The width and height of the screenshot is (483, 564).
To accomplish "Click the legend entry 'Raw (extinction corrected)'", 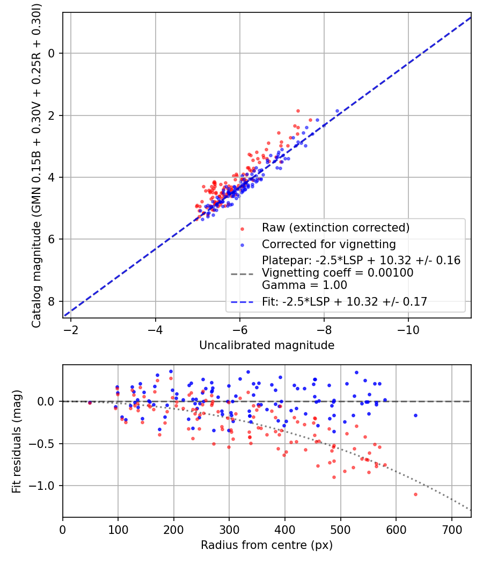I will click(x=335, y=228).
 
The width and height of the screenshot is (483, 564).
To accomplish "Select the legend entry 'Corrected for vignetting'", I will click(x=328, y=244).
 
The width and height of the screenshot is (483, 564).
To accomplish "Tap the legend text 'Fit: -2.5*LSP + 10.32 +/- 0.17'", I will click(x=345, y=302).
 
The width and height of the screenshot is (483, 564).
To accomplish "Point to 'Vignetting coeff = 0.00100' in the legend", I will click(x=338, y=273).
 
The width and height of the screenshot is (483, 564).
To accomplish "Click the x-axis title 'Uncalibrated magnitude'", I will click(x=267, y=345).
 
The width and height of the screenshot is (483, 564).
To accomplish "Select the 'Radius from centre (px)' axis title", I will click(x=267, y=545).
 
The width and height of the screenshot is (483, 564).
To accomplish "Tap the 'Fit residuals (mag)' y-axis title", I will click(x=17, y=441).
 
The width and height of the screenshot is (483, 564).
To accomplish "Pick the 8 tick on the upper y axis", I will click(x=52, y=301).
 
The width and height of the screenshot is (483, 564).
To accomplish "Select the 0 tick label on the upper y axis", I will click(x=52, y=53).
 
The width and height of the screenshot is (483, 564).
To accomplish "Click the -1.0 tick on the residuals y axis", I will click(x=45, y=486).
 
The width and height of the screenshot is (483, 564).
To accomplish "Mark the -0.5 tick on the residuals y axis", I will click(x=45, y=444).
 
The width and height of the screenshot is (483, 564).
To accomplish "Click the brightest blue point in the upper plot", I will click(x=337, y=111).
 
